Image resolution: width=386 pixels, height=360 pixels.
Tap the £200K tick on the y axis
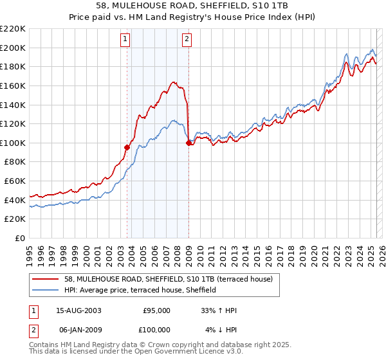[14, 48]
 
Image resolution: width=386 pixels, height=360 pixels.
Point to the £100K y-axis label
[14, 143]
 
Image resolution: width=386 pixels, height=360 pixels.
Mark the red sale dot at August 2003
[127, 147]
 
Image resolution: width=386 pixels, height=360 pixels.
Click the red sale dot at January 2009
[188, 143]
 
